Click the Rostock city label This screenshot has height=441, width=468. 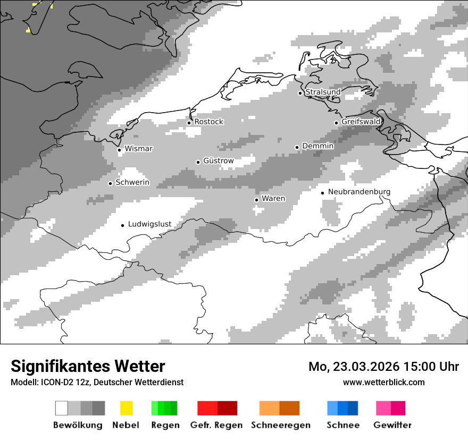(208, 122)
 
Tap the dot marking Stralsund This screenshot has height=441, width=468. (300, 93)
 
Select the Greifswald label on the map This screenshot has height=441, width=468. (361, 122)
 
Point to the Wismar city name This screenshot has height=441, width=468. (138, 149)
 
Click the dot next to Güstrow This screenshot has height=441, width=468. (198, 162)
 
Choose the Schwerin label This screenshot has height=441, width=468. (132, 183)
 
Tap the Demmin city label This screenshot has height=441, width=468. (317, 146)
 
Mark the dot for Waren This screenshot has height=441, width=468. (256, 200)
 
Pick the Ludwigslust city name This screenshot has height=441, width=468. (149, 224)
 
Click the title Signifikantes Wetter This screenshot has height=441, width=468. (88, 367)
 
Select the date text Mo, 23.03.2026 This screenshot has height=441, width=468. (354, 367)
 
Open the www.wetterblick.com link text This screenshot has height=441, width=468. (383, 382)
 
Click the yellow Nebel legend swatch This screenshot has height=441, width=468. (126, 408)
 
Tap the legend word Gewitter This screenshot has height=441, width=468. (392, 425)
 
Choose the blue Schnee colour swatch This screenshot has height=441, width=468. (342, 408)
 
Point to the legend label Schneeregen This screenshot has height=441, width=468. (281, 425)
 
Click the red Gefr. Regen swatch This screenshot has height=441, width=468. (217, 408)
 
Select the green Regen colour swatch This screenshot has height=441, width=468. (164, 408)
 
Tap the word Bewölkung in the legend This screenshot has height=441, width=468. (78, 425)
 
